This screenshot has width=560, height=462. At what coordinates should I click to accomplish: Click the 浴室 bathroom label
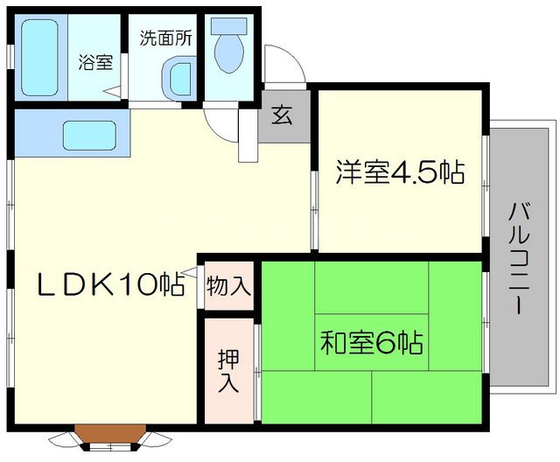(95, 62)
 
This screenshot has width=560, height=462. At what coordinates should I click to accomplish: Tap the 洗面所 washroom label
(165, 38)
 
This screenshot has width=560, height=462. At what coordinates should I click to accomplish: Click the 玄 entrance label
(283, 116)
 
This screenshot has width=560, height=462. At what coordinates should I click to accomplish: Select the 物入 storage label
(229, 285)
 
